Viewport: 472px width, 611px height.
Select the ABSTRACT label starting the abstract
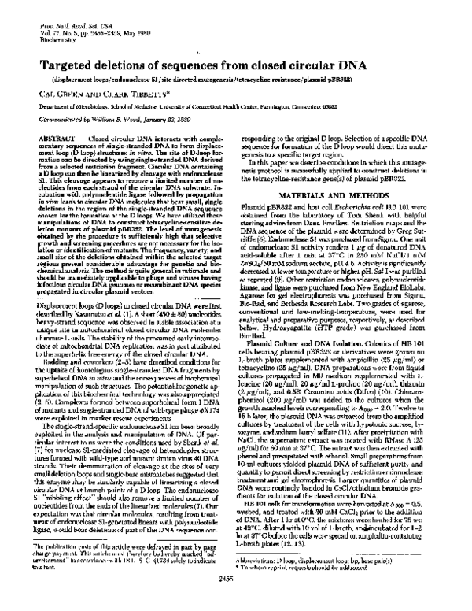pos(53,138)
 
